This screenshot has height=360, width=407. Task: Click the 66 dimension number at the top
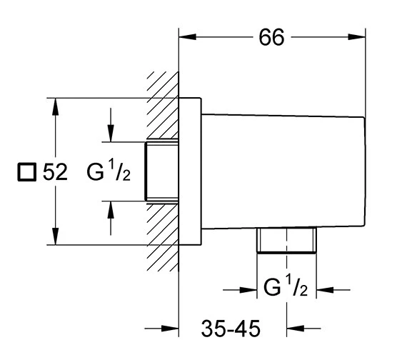click(x=271, y=37)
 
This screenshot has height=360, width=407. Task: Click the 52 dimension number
click(x=55, y=171)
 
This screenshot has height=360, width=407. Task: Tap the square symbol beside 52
click(x=26, y=172)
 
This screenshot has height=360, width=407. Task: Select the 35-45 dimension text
click(x=231, y=329)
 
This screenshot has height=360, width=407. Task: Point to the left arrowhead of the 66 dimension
click(x=187, y=37)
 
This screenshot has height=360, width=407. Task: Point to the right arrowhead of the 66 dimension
click(x=356, y=37)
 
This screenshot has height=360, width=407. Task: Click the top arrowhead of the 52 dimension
click(x=55, y=106)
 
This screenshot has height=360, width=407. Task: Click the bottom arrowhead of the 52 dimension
click(x=55, y=236)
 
